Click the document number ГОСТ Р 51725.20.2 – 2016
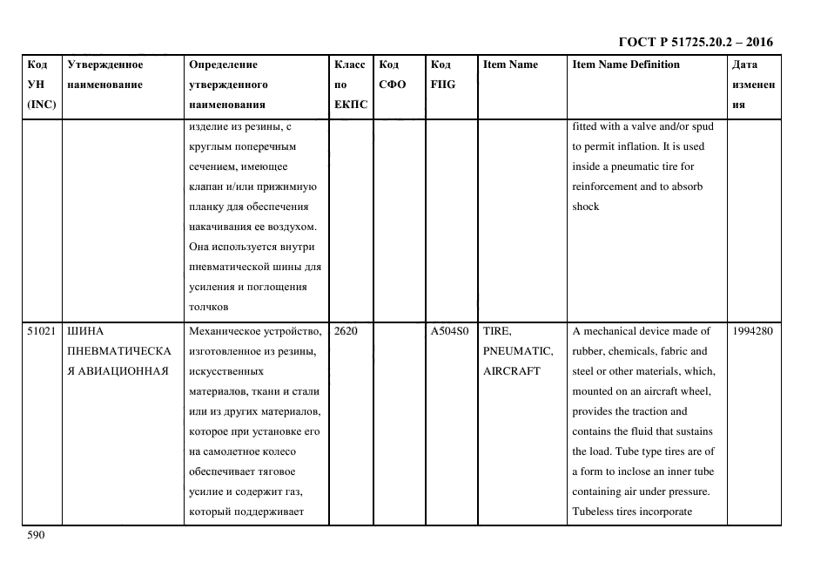(696, 42)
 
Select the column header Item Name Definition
(626, 64)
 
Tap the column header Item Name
(510, 64)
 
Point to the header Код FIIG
(442, 74)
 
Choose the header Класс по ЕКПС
(351, 85)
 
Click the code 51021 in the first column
(41, 331)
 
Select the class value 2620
(346, 331)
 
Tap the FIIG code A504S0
(449, 331)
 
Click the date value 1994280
(753, 331)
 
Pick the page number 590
(35, 535)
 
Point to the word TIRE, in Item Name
(497, 331)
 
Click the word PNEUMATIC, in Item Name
(518, 351)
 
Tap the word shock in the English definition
(586, 207)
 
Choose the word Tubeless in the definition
(594, 512)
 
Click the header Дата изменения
(753, 85)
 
